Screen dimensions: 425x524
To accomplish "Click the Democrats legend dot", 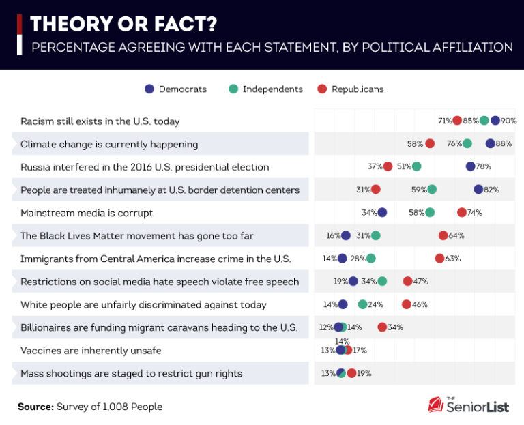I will [x=149, y=89].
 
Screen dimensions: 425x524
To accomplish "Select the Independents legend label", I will [x=272, y=89].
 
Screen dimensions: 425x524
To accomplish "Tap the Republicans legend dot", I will [x=322, y=89].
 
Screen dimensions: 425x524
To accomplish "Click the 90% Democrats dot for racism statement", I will [x=495, y=121].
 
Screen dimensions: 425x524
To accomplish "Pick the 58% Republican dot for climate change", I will [x=430, y=143].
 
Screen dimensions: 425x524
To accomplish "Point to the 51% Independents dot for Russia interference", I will [x=417, y=166].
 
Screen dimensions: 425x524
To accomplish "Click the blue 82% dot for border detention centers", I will [x=478, y=189].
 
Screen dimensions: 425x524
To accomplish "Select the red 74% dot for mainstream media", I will [x=462, y=212].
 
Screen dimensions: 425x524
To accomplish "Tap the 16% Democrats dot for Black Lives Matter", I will [x=346, y=235].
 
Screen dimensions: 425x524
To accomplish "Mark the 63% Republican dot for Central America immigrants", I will [x=439, y=259].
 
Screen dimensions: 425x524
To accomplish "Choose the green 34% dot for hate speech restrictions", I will [x=382, y=281].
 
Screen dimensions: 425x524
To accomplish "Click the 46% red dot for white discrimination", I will [x=407, y=304].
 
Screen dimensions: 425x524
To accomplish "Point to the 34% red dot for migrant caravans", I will [x=382, y=327].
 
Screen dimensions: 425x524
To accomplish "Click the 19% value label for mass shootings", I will [x=364, y=373].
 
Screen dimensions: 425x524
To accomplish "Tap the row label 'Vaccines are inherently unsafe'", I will [x=91, y=351].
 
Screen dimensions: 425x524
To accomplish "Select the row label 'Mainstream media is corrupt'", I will [x=87, y=213].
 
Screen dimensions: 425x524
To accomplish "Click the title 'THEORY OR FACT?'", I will [x=123, y=25].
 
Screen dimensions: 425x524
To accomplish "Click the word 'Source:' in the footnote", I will [x=35, y=407].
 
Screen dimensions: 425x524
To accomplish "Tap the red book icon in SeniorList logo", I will [x=435, y=405].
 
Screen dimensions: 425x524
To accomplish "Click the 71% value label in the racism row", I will [x=445, y=121].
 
